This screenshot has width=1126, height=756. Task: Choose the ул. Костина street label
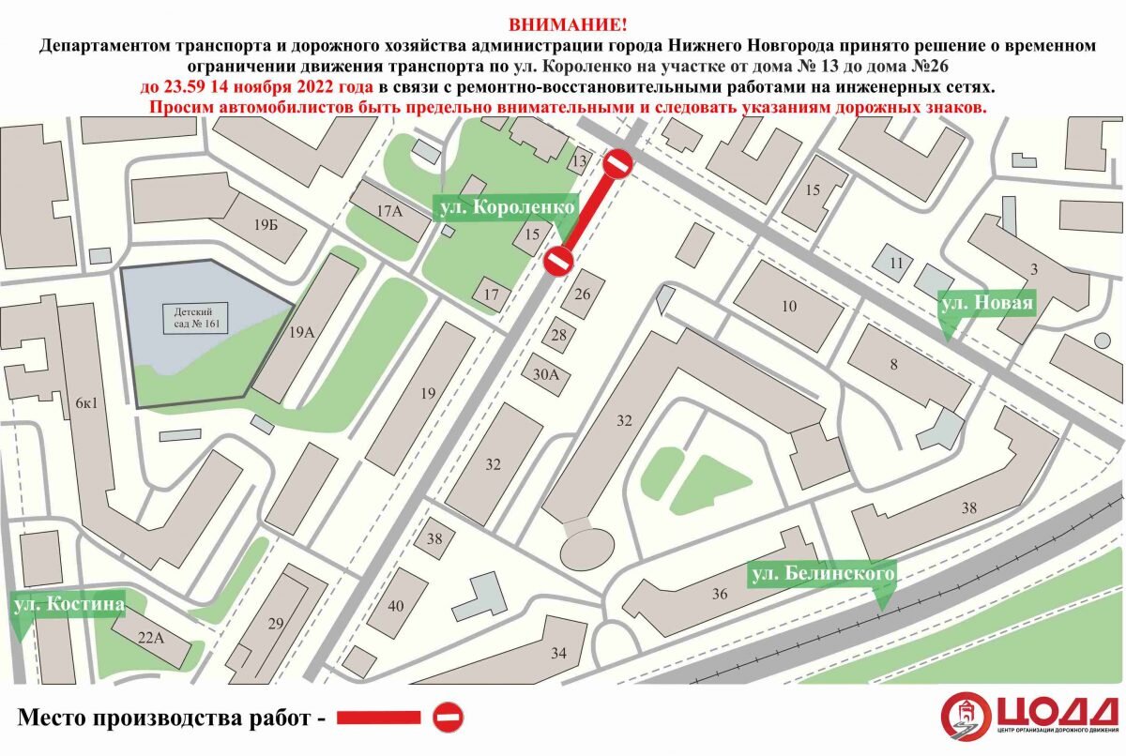pyautogui.click(x=68, y=605)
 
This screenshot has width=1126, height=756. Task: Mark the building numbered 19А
pyautogui.click(x=302, y=331)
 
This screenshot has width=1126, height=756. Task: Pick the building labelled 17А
pyautogui.click(x=389, y=211)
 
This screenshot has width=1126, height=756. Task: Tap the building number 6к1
pyautogui.click(x=87, y=404)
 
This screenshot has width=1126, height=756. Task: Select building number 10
pyautogui.click(x=788, y=306)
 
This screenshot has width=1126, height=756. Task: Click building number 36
pyautogui.click(x=720, y=593)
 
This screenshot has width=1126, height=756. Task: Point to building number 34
pyautogui.click(x=559, y=653)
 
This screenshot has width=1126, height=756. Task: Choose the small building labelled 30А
pyautogui.click(x=546, y=375)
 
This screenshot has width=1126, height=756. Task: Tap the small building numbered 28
pyautogui.click(x=560, y=335)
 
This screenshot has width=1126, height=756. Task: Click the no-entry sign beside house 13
pyautogui.click(x=616, y=165)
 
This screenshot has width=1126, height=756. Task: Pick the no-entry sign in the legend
pyautogui.click(x=448, y=718)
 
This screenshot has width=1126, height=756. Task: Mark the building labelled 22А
pyautogui.click(x=151, y=638)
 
